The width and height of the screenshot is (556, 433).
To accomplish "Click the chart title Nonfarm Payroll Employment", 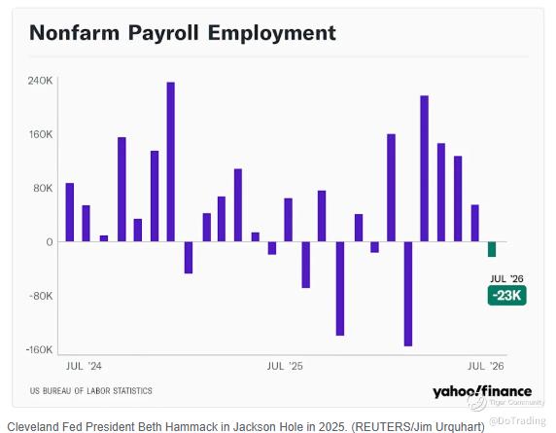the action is tap(183, 33).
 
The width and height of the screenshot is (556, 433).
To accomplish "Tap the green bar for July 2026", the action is tap(492, 249).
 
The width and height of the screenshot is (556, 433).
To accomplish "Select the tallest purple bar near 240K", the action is tap(170, 162).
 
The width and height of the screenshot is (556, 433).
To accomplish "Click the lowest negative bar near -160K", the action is tap(408, 294).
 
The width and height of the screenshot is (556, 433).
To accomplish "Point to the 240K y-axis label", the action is tap(40, 81).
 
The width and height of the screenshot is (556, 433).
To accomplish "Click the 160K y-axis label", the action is tap(41, 134).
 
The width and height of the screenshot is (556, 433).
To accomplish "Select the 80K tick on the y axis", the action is tap(43, 188).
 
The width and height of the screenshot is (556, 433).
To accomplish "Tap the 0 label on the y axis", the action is tap(50, 242).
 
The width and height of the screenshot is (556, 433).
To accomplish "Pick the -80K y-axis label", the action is tap(41, 296).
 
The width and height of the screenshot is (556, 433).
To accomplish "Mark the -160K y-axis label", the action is tap(39, 350).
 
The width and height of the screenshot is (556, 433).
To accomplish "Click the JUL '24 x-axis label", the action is tap(84, 366).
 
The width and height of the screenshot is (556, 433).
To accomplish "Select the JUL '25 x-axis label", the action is tap(285, 366).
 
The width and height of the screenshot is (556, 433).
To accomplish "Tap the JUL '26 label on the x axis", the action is tap(486, 366).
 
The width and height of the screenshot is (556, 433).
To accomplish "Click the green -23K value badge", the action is tap(507, 295).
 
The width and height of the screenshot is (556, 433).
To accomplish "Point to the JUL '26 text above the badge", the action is tap(506, 278).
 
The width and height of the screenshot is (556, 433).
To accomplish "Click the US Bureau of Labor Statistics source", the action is tap(91, 391).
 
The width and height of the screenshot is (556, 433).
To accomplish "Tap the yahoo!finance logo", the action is tap(482, 391).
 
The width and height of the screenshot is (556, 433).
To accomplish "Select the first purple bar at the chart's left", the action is tap(70, 212).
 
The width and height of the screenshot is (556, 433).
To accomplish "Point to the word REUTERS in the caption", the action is tap(380, 426).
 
